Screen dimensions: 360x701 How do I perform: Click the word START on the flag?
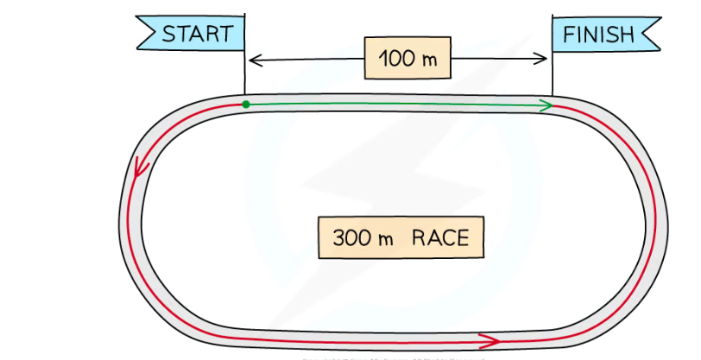point(198,35)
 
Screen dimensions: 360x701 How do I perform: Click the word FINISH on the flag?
point(598,35)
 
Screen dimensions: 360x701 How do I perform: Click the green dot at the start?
point(246,104)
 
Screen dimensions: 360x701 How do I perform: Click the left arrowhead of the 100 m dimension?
point(252,60)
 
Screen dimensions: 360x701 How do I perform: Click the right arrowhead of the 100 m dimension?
point(543,59)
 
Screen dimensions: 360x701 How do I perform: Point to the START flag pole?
point(244,69)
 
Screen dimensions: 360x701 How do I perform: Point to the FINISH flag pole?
point(552,69)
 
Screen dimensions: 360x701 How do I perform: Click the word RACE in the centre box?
point(440,237)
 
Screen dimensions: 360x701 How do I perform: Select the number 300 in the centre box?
point(349,237)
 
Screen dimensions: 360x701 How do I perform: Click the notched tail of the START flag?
point(143,35)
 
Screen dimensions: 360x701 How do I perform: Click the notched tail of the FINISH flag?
point(654,35)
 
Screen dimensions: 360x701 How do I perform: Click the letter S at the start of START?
point(169,35)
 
